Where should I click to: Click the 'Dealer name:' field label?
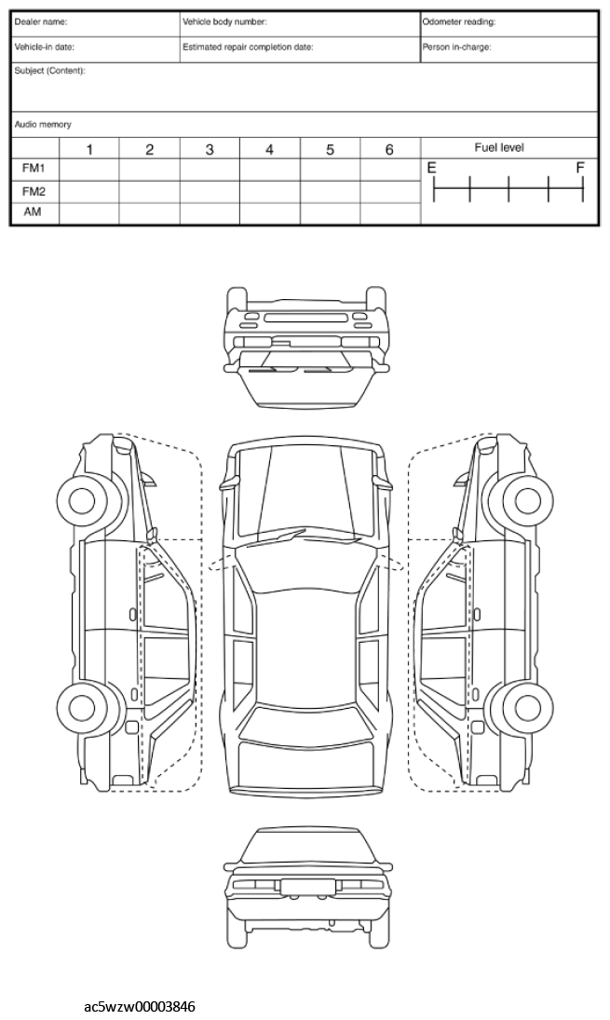coord(40,22)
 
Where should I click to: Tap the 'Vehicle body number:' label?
coord(224,22)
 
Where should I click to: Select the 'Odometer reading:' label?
coord(458,22)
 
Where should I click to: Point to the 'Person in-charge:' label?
coord(456,47)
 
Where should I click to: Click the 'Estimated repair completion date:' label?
coord(248,47)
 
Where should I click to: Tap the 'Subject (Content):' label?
coord(49,71)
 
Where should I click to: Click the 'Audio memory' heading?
coord(43,124)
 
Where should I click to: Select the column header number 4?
coord(269,150)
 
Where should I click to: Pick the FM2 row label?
coord(34,191)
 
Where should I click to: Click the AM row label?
coord(33,212)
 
